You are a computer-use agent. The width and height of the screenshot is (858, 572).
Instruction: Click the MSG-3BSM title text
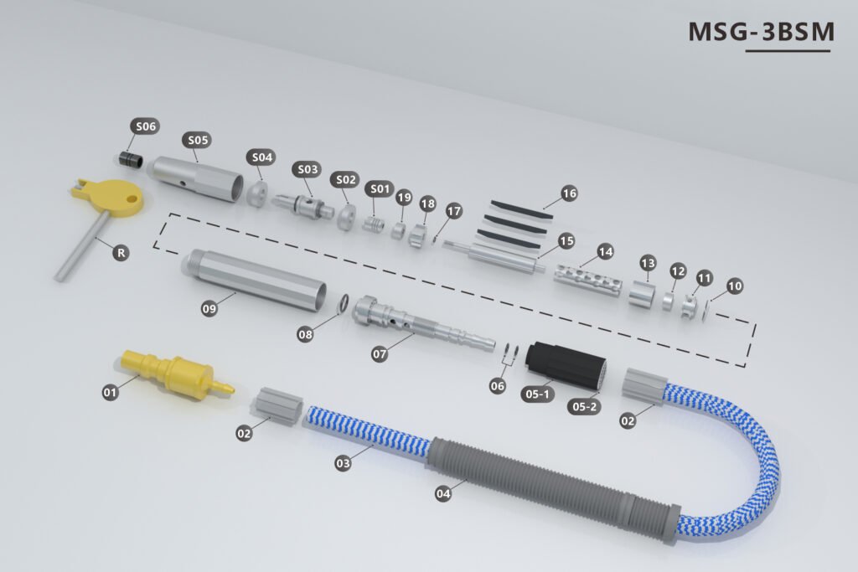tap(761, 32)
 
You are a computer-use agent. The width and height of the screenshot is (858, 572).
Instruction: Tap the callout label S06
tap(145, 126)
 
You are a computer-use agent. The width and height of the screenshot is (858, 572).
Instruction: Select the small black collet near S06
tap(131, 160)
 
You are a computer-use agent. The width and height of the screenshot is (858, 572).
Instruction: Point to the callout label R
tap(121, 253)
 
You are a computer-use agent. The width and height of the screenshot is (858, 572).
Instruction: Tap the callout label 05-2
tap(584, 406)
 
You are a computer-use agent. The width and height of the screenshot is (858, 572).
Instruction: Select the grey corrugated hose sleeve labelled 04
tap(553, 488)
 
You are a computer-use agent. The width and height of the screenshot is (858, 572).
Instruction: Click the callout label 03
tap(343, 463)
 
